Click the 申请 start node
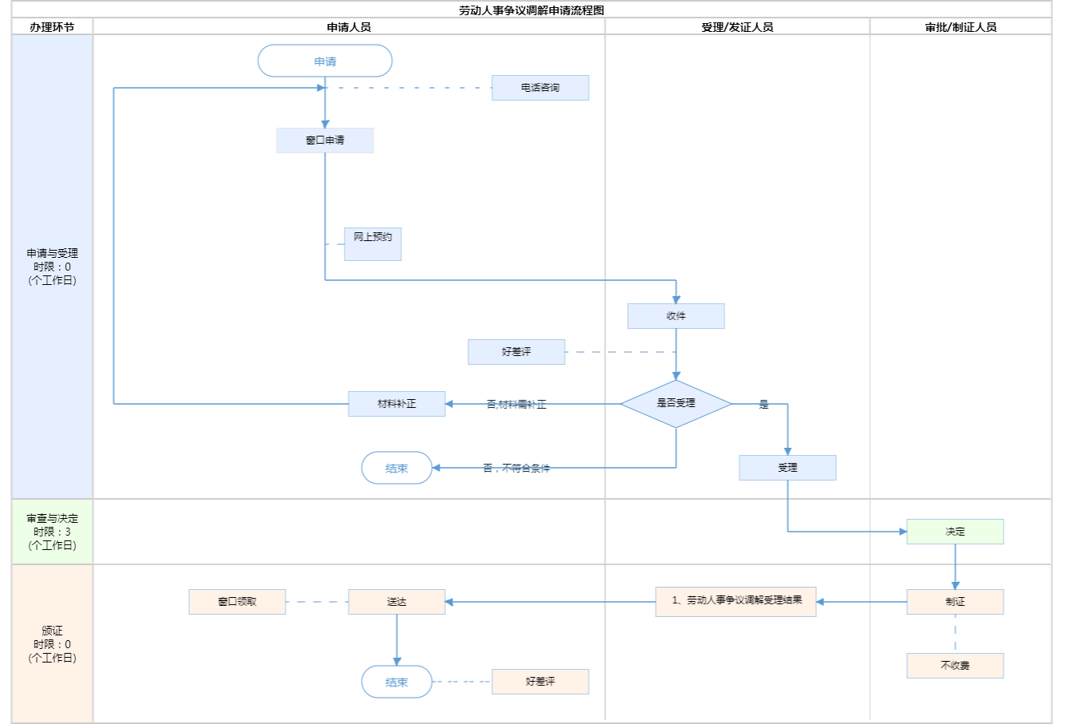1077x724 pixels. [x=325, y=61]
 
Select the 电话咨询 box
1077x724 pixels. [x=540, y=88]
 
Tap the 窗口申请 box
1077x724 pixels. [x=325, y=140]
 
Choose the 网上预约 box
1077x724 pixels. [x=373, y=243]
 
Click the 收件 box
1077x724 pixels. [x=676, y=316]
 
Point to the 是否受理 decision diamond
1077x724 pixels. [x=676, y=403]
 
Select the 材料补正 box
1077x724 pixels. [x=396, y=404]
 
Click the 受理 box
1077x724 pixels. [x=787, y=468]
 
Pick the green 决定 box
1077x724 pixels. [x=955, y=532]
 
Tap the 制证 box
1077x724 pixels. [x=955, y=602]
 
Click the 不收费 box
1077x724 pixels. [x=955, y=666]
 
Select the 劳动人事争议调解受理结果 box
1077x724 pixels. [x=736, y=601]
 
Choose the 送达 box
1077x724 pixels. [x=396, y=602]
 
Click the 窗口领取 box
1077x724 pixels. [x=237, y=602]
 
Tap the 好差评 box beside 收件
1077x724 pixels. [x=516, y=352]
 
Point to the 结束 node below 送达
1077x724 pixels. [x=396, y=682]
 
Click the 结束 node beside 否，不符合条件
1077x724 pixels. [x=396, y=469]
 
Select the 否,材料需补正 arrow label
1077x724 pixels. [x=516, y=405]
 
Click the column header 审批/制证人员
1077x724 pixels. [x=961, y=27]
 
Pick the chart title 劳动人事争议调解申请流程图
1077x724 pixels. [x=531, y=10]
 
